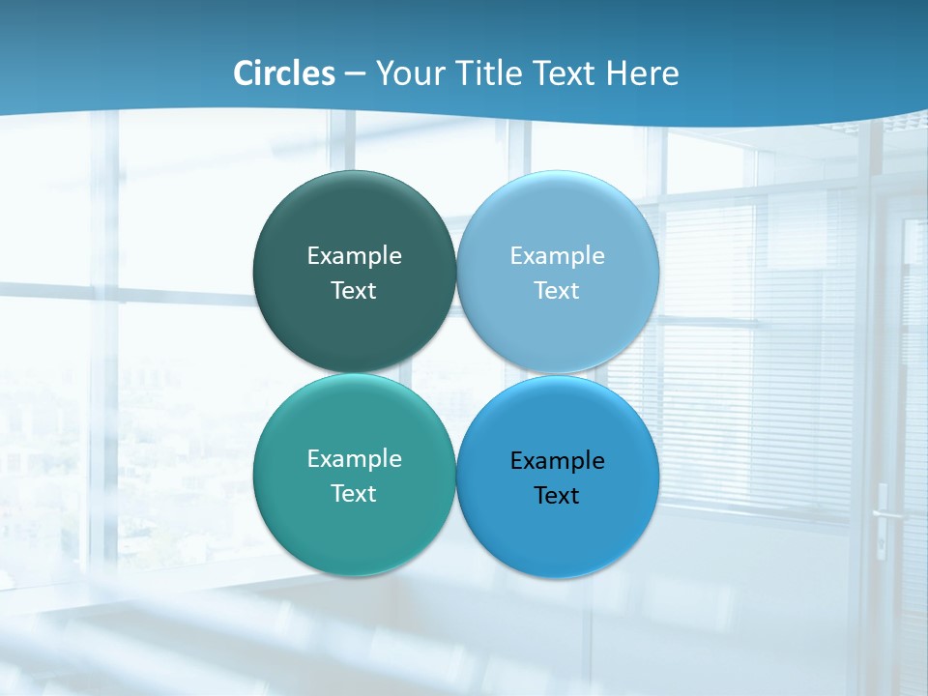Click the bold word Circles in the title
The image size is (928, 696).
pyautogui.click(x=284, y=73)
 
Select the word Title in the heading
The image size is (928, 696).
pyautogui.click(x=491, y=73)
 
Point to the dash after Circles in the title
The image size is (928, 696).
pyautogui.click(x=355, y=74)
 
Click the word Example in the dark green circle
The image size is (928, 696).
pyautogui.click(x=354, y=256)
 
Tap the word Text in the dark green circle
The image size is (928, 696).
pyautogui.click(x=354, y=291)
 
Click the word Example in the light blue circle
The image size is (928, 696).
pyautogui.click(x=558, y=256)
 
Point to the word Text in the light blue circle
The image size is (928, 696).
pyautogui.click(x=558, y=291)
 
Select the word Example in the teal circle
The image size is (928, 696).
pyautogui.click(x=354, y=459)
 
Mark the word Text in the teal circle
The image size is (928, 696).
pyautogui.click(x=354, y=494)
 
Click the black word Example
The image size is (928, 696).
pyautogui.click(x=558, y=461)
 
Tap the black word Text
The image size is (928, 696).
pyautogui.click(x=558, y=496)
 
